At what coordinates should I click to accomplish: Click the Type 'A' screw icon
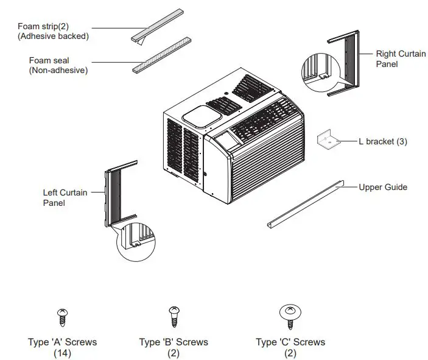(61, 316)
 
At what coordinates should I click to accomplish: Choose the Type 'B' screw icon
(173, 316)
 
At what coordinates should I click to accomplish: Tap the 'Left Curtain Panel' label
(65, 197)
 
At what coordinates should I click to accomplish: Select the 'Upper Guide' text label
(383, 187)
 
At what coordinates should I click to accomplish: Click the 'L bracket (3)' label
(382, 141)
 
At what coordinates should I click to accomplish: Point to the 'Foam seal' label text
(49, 60)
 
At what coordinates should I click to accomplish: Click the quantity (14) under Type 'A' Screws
(62, 353)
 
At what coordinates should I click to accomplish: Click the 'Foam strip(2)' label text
(42, 26)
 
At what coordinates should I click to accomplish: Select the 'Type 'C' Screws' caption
(290, 342)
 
